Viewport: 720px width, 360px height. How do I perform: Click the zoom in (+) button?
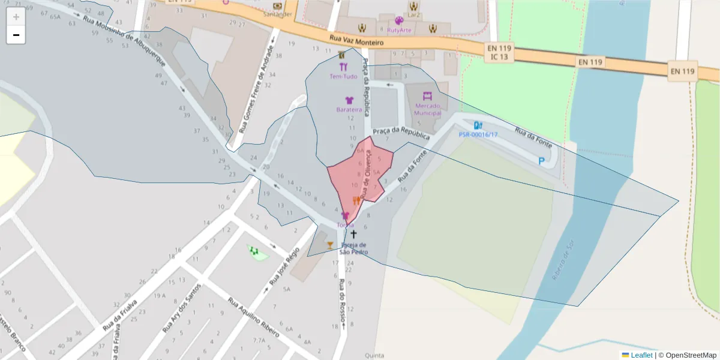point(16,16)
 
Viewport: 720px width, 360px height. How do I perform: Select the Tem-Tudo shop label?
point(343,76)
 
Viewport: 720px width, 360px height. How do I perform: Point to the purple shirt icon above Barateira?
point(349,100)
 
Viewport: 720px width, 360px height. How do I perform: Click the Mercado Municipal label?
point(427,109)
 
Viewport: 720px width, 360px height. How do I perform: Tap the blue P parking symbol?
point(542,161)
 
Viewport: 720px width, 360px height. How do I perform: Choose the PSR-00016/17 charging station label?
point(478,134)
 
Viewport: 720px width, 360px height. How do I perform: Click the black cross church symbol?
point(353,234)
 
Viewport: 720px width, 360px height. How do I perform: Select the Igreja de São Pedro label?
point(353,248)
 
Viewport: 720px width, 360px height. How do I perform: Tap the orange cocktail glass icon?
point(329,245)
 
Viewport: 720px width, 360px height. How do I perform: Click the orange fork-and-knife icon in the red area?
point(356,200)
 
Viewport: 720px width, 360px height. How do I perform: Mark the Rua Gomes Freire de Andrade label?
point(253,89)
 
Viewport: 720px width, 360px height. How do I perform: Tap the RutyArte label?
point(400,30)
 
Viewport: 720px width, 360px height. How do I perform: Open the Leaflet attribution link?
point(641,355)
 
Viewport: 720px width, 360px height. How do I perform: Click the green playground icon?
point(254,250)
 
